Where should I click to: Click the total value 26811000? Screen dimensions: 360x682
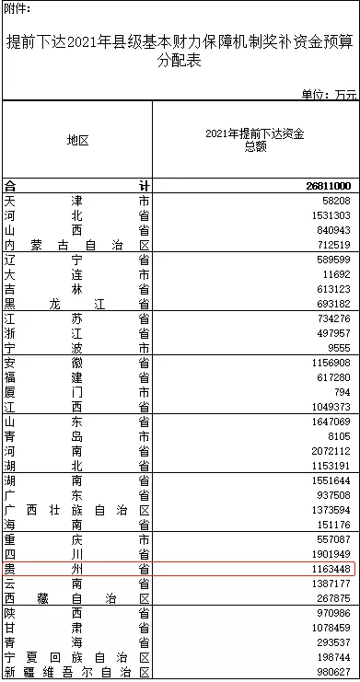pyautogui.click(x=327, y=186)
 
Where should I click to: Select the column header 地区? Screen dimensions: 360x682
pyautogui.click(x=76, y=140)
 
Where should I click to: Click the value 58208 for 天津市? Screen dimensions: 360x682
pyautogui.click(x=335, y=201)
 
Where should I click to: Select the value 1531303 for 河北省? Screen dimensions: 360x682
pyautogui.click(x=331, y=215)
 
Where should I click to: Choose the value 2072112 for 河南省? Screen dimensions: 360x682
pyautogui.click(x=331, y=452)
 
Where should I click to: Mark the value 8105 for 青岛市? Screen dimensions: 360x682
pyautogui.click(x=338, y=437)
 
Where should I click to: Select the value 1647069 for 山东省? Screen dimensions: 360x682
pyautogui.click(x=331, y=422)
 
